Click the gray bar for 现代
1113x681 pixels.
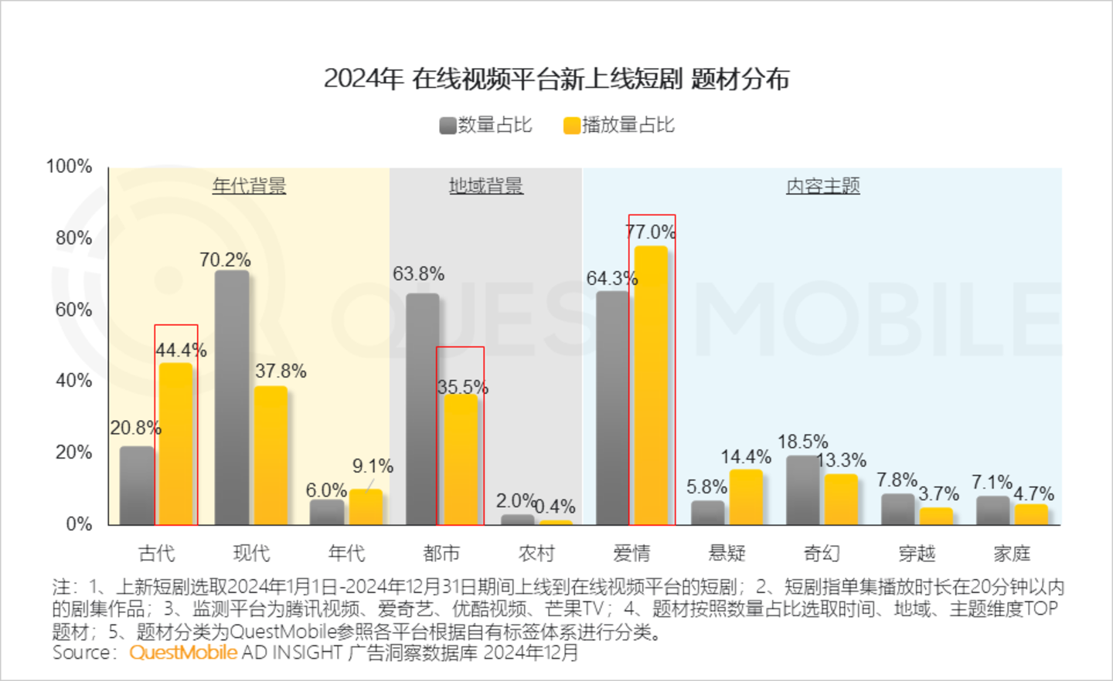coord(232,398)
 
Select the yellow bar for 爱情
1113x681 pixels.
coord(650,385)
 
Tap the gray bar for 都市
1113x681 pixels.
coord(422,409)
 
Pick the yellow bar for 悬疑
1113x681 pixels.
coord(746,497)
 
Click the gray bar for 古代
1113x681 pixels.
coord(137,486)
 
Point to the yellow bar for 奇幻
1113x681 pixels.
coord(841,500)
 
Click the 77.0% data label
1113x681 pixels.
coord(651,232)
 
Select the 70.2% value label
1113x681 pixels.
coord(225,260)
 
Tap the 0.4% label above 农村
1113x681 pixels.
coord(555,507)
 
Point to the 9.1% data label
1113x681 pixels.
coord(373,466)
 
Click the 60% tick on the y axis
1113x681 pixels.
coord(73,310)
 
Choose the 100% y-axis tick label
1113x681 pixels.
coord(69,166)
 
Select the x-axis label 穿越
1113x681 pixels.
coord(917,553)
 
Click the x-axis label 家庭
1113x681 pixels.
coord(1012,553)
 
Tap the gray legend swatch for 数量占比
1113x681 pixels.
coord(448,126)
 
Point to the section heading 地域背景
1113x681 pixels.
coord(486,186)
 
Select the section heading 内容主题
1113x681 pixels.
coord(823,186)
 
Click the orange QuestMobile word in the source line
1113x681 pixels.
coord(183,652)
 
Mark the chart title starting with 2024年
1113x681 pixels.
coord(556,79)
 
